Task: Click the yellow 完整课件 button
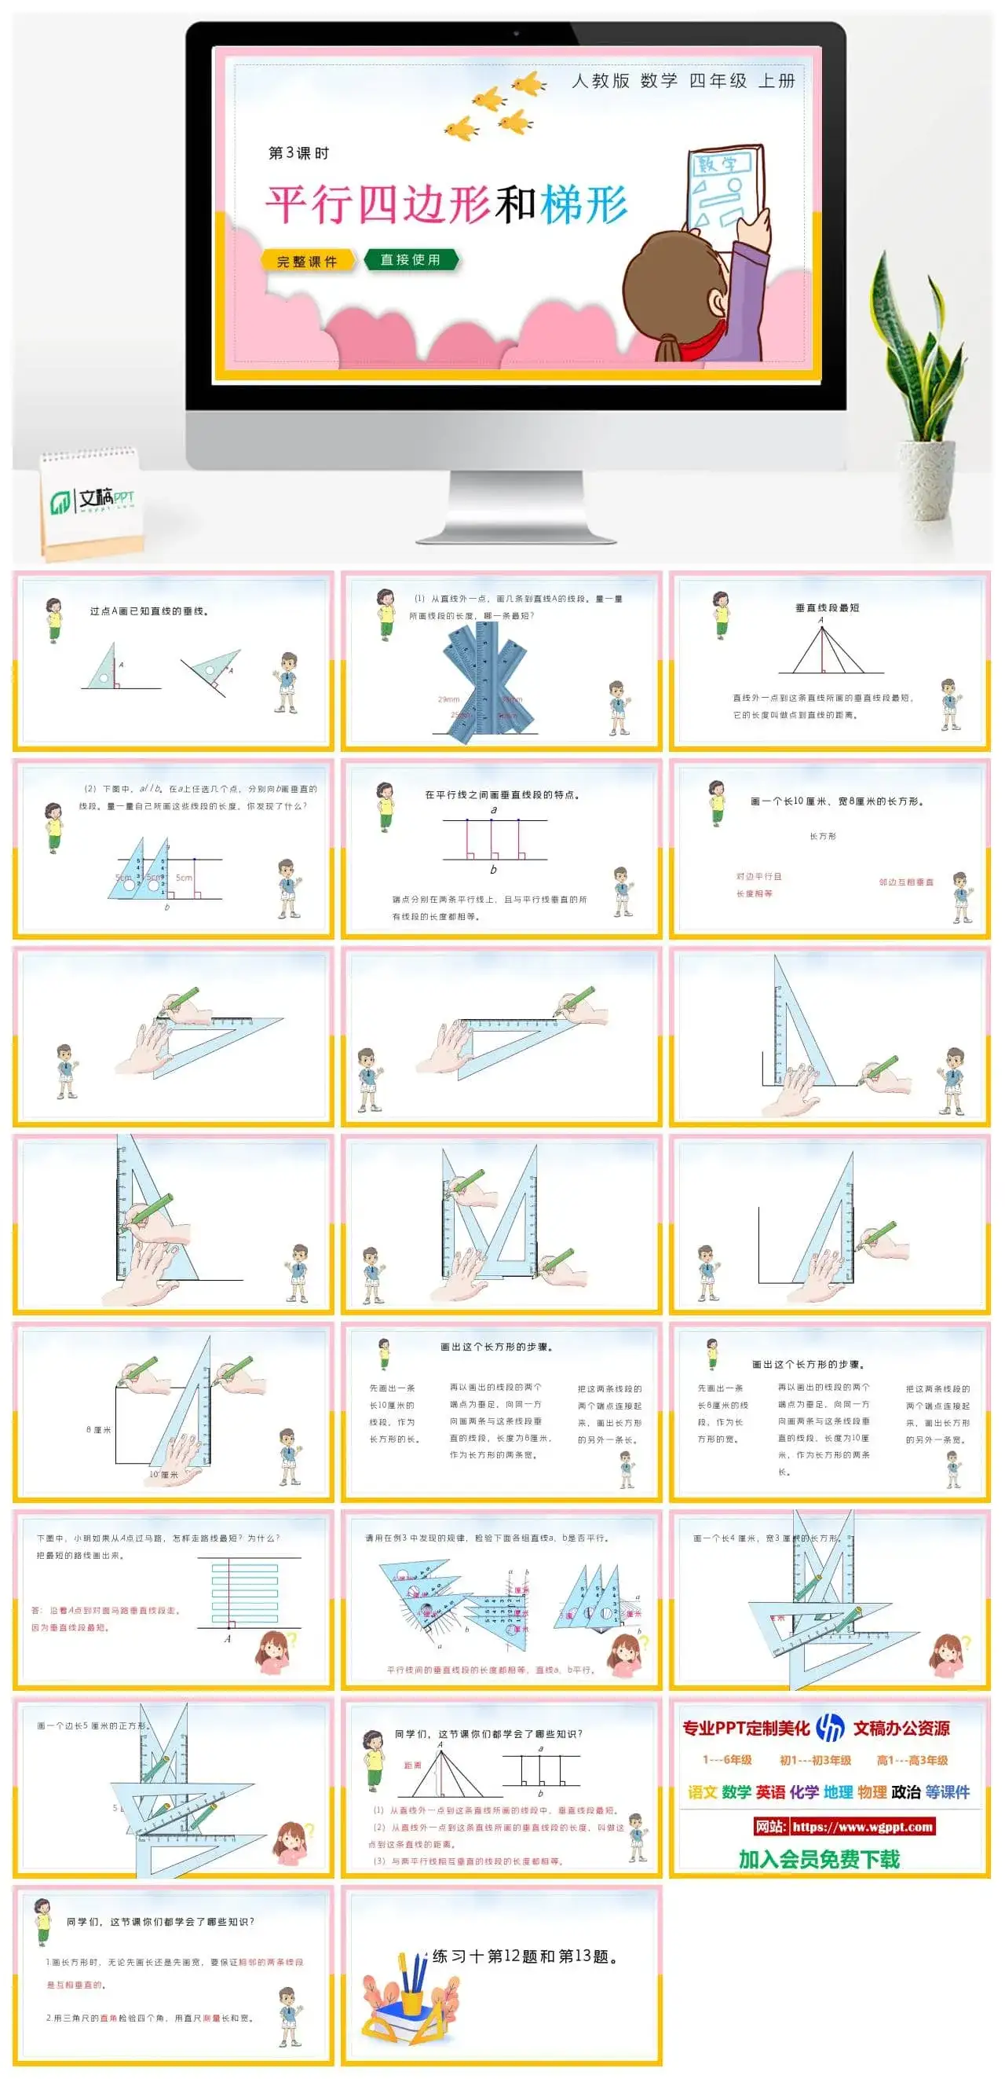click(x=307, y=261)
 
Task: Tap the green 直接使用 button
click(x=411, y=259)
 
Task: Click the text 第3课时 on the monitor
click(x=298, y=152)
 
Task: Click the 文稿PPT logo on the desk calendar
click(x=93, y=500)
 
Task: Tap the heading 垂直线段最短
click(x=827, y=607)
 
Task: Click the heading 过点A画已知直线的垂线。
click(x=150, y=611)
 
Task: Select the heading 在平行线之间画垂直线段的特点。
click(x=502, y=794)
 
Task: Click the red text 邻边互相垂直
click(x=906, y=882)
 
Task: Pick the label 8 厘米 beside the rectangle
click(x=98, y=1429)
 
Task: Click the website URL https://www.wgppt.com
click(x=862, y=1826)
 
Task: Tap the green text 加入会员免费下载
click(x=819, y=1859)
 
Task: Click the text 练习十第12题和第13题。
click(x=526, y=1956)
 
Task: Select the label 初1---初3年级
click(x=815, y=1759)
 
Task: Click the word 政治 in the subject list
click(x=906, y=1791)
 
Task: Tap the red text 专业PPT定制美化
click(x=746, y=1728)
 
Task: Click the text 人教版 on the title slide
click(x=600, y=81)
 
